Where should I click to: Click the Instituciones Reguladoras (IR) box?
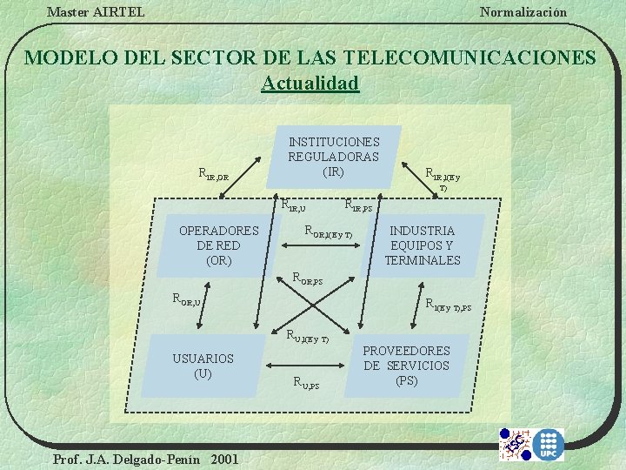pos(334,157)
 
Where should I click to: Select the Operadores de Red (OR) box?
pos(218,245)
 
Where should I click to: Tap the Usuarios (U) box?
pos(203,366)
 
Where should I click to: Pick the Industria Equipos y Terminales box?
pos(423,245)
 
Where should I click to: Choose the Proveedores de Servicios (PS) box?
pos(406,366)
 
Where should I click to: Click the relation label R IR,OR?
pos(214,175)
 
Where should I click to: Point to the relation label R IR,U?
pos(293,205)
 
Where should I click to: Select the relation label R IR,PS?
pos(358,206)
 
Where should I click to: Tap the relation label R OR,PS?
pos(307,279)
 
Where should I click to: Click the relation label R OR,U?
pos(187,300)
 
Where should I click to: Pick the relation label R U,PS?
pos(305,381)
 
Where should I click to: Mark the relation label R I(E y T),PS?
pos(448,305)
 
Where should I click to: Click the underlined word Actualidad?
pos(310,84)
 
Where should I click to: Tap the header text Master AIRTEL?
pos(96,11)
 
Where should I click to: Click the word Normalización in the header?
pos(523,11)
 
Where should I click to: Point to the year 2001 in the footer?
pos(223,459)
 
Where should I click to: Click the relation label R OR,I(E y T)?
pos(327,232)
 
